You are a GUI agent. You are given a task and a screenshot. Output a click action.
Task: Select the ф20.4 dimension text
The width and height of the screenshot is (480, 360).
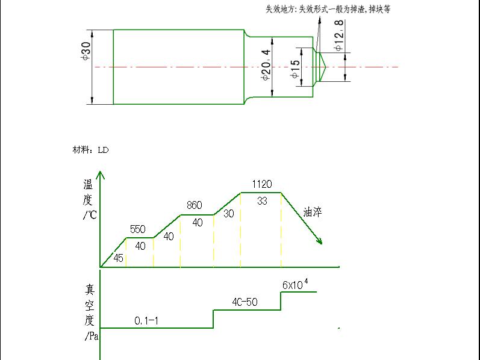(266, 65)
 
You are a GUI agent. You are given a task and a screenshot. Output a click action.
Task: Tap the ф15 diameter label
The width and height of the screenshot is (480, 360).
(295, 69)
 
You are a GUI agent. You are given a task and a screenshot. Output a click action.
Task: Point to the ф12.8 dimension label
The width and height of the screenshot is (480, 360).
(339, 36)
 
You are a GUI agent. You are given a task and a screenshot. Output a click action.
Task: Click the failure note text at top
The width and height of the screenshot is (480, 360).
(328, 9)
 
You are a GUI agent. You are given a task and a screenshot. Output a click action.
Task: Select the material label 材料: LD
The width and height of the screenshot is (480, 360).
(90, 150)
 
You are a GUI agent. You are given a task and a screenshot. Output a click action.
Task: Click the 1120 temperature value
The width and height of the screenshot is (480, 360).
(262, 184)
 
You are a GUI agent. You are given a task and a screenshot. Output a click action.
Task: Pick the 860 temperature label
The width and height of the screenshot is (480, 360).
(195, 205)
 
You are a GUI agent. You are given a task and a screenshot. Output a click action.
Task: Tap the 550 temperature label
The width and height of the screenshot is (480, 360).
(138, 229)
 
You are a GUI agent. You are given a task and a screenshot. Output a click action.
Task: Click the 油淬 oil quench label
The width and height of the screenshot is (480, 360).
(313, 212)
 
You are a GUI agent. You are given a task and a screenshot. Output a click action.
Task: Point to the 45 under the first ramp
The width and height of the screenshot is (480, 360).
(118, 258)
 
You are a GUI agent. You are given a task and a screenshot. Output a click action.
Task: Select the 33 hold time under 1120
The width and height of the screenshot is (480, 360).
(262, 201)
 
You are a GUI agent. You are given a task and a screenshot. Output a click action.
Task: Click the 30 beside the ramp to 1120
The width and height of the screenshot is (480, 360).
(229, 213)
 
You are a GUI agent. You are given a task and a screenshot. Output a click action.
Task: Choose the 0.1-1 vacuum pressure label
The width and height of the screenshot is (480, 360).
(146, 320)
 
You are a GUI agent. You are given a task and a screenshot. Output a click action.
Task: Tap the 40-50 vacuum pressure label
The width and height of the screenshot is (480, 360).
(245, 302)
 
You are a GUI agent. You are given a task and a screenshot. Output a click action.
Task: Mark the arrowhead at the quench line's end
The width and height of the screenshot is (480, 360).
(319, 241)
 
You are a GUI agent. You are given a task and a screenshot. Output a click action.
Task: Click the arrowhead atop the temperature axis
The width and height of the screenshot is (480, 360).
(100, 175)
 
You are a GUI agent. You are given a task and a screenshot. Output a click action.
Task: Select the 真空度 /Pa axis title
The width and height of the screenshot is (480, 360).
(90, 312)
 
